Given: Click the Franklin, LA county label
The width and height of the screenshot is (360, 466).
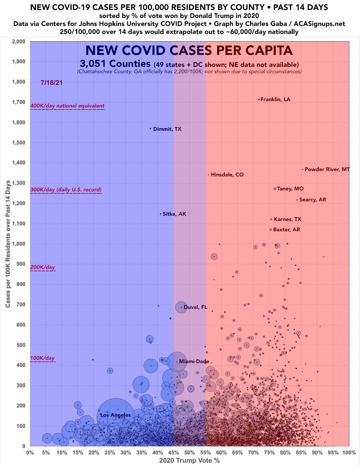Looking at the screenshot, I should (275, 100).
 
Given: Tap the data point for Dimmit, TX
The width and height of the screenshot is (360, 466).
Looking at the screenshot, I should (151, 128).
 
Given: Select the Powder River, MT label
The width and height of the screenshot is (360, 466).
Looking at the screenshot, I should (327, 169).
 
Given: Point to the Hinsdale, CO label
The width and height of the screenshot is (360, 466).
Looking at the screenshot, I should (227, 175).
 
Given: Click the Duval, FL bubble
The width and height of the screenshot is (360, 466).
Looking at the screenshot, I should (181, 307).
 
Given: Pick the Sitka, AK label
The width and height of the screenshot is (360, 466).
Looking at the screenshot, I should (174, 214).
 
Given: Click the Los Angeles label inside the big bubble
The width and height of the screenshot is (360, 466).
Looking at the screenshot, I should (116, 415).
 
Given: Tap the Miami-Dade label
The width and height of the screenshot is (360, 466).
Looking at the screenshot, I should (194, 361).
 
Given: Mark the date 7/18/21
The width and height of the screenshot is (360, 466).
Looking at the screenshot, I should (51, 83).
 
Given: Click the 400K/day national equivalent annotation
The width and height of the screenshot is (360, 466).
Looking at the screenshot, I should (67, 106).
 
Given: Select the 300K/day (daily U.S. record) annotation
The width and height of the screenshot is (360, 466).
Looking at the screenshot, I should (66, 190).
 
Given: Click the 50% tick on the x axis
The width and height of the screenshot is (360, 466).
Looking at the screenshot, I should (189, 453).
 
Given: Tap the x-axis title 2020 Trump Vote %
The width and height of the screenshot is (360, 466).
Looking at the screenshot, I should (189, 461).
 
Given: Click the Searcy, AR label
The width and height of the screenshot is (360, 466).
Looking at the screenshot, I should (312, 200).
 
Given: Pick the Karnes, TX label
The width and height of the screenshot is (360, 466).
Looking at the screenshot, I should (287, 219).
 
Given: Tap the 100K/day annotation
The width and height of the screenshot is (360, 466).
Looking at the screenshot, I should (42, 358).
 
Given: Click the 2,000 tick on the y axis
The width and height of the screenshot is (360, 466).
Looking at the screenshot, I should (19, 42).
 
